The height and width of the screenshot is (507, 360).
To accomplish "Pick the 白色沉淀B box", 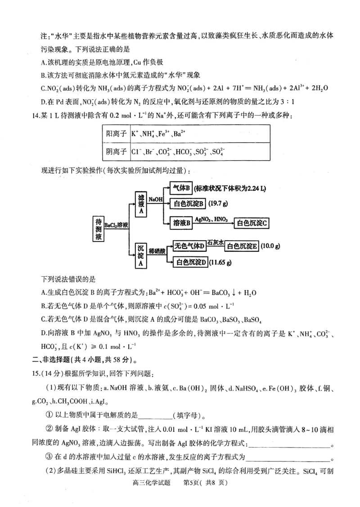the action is (189, 204).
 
